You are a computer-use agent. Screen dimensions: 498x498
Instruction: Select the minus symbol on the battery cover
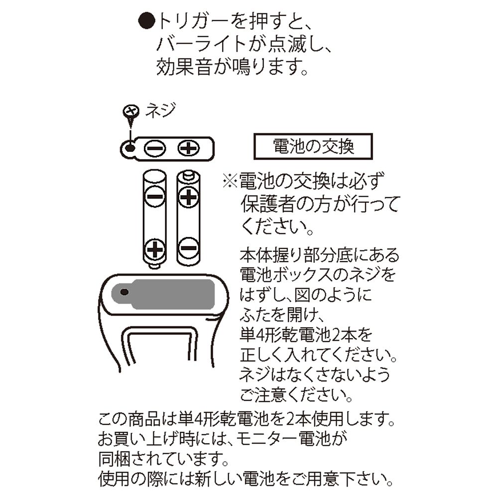[154, 148]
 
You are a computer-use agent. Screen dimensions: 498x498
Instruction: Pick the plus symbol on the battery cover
[189, 148]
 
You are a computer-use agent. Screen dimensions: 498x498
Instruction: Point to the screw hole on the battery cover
[130, 148]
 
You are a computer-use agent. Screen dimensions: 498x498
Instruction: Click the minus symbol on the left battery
[154, 197]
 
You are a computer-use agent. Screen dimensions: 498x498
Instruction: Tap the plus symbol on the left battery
[155, 248]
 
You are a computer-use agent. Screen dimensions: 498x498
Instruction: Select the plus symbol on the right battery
[188, 198]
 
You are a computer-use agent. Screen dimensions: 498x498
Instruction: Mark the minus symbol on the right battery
[188, 246]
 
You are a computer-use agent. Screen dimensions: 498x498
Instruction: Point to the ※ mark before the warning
[231, 180]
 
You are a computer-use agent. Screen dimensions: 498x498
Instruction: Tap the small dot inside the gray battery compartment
[124, 291]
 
